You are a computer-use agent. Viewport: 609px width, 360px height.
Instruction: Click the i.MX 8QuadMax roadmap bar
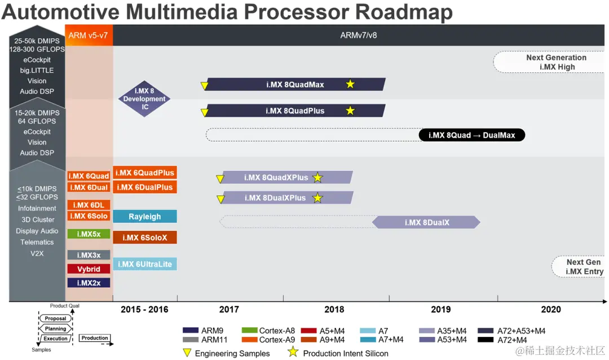click(295, 85)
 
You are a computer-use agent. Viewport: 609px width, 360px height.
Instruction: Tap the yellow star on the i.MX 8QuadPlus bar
click(350, 111)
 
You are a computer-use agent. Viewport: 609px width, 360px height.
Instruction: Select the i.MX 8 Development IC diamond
click(144, 99)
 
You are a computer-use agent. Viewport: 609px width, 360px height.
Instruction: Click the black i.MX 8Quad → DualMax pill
click(471, 135)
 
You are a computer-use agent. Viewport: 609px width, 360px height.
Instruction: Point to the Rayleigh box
click(145, 217)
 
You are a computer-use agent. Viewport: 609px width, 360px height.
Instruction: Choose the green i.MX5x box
click(89, 234)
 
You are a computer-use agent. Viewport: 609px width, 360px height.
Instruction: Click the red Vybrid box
click(89, 269)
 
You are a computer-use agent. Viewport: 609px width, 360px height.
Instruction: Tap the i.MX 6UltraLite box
click(145, 264)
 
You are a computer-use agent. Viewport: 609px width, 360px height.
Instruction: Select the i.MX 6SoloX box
click(145, 238)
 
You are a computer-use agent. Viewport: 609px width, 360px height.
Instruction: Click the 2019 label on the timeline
click(441, 309)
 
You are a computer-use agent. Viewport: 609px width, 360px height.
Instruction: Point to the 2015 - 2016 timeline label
click(144, 309)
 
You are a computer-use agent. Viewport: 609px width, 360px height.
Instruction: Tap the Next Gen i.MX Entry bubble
click(581, 267)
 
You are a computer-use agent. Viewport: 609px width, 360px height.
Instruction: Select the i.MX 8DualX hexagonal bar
click(426, 222)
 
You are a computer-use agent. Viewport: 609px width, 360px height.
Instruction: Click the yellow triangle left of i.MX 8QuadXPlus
click(220, 179)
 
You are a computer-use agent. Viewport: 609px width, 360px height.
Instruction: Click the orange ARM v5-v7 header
click(89, 36)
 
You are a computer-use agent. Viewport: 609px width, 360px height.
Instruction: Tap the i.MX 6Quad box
click(89, 176)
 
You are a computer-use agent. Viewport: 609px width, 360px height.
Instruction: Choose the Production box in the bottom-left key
click(94, 338)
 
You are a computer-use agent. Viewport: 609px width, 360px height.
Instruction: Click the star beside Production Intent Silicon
click(293, 353)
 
